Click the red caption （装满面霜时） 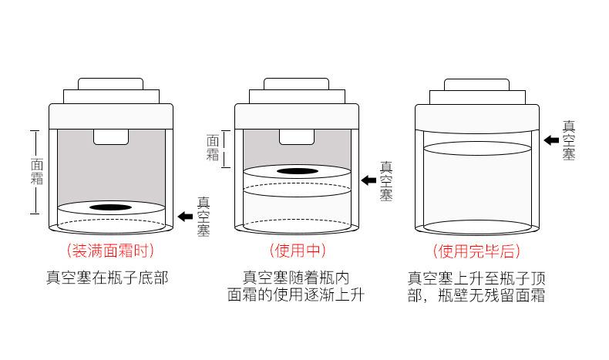pyautogui.click(x=111, y=251)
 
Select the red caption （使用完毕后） pyautogui.click(x=476, y=251)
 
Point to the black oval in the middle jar pyautogui.click(x=297, y=171)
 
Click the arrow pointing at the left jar pyautogui.click(x=185, y=217)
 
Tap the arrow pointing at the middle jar pyautogui.click(x=368, y=180)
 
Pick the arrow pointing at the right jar pyautogui.click(x=551, y=140)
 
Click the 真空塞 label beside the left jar pyautogui.click(x=204, y=217)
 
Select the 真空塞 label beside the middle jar pyautogui.click(x=387, y=180)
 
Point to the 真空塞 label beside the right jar pyautogui.click(x=569, y=140)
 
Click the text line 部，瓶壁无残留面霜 pyautogui.click(x=476, y=294)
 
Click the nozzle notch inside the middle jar pyautogui.click(x=297, y=136)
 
